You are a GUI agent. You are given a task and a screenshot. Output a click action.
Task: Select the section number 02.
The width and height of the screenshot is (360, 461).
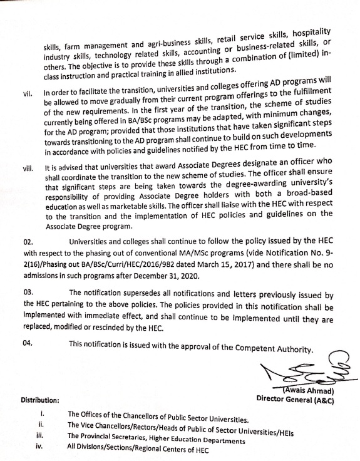pos(26,258)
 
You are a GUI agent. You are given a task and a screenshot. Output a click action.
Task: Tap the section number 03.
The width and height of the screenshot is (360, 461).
pos(26,293)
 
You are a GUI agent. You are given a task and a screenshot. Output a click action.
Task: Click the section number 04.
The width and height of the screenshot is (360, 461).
pos(26,343)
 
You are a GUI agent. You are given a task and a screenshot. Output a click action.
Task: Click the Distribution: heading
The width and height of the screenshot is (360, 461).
pos(40,400)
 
